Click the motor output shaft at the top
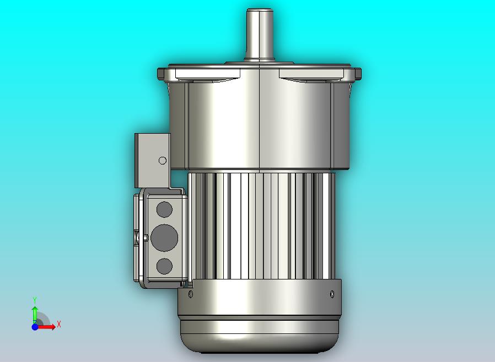[x=260, y=35]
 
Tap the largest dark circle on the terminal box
[x=164, y=238]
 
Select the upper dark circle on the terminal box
[x=164, y=210]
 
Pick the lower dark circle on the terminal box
[x=164, y=266]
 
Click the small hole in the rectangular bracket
[x=163, y=161]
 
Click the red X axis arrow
[x=46, y=327]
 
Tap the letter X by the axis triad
[x=59, y=324]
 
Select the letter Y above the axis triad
[x=35, y=300]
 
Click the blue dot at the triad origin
[x=35, y=327]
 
